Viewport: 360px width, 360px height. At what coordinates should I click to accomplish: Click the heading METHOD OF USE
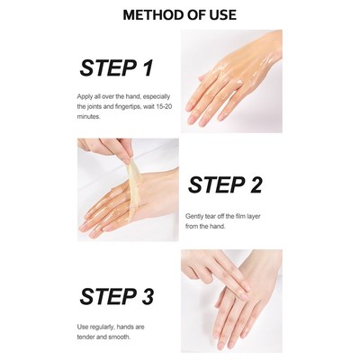coord(180,15)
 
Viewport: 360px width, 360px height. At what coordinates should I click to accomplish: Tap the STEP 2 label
coord(225,184)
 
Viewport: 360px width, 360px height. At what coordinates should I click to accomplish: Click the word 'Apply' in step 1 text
coord(88,95)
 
